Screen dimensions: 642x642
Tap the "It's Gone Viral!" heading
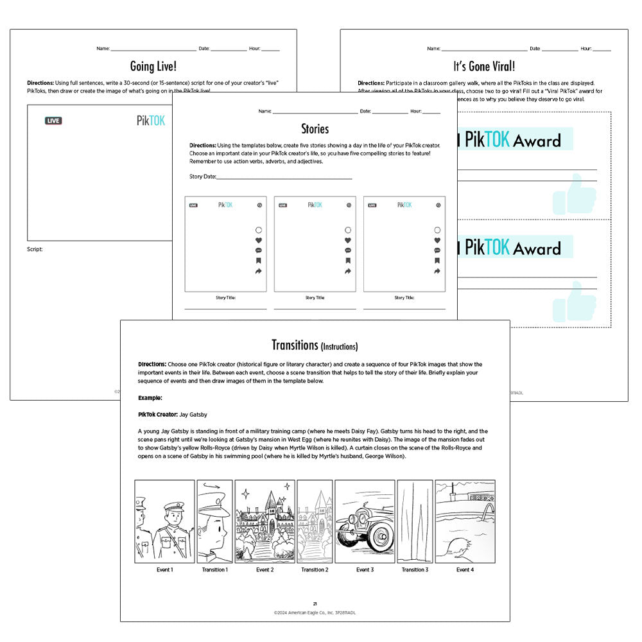click(x=483, y=66)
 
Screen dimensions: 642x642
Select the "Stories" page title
click(x=315, y=129)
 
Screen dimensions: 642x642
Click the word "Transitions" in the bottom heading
click(x=295, y=345)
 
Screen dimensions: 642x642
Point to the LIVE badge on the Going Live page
click(x=53, y=121)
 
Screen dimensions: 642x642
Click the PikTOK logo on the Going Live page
click(x=151, y=121)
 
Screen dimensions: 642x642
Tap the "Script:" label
click(x=35, y=249)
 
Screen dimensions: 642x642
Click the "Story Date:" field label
click(x=203, y=177)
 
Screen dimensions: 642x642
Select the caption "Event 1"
click(x=164, y=569)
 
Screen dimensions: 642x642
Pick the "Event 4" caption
click(x=465, y=569)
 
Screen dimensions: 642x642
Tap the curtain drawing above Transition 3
click(x=413, y=521)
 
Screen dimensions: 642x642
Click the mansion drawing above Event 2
click(x=265, y=521)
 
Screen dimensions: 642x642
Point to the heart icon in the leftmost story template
click(x=258, y=241)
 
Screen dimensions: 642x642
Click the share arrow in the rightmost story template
click(x=437, y=272)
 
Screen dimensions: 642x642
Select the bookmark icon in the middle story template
click(x=348, y=261)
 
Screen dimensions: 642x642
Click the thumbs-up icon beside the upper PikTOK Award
click(x=575, y=194)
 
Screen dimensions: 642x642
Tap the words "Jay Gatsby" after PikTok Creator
click(x=193, y=414)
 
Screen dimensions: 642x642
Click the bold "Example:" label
click(x=151, y=398)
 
